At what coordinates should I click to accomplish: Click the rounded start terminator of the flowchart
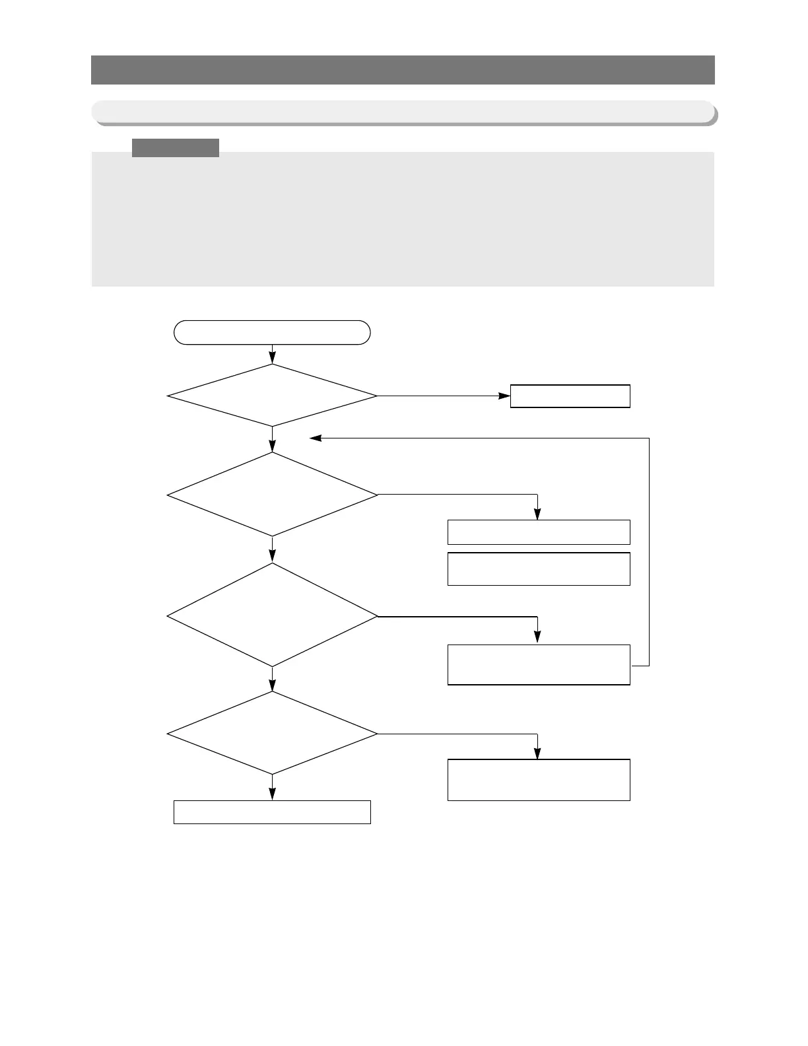[x=272, y=332]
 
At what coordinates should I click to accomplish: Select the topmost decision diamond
[x=272, y=396]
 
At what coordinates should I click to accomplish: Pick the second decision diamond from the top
[x=272, y=494]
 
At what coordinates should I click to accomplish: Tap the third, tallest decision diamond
[x=272, y=615]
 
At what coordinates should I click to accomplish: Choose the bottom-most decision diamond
[x=272, y=733]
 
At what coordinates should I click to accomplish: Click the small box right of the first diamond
[x=570, y=396]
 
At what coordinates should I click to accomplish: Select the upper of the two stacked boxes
[x=539, y=532]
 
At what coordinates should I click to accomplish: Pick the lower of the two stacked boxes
[x=539, y=569]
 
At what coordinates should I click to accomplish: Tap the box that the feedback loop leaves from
[x=539, y=665]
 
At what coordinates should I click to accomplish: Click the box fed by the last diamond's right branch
[x=539, y=780]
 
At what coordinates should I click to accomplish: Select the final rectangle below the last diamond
[x=272, y=812]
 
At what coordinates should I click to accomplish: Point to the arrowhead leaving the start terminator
[x=272, y=359]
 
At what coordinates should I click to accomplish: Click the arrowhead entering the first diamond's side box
[x=504, y=396]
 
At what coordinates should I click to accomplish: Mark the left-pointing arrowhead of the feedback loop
[x=316, y=438]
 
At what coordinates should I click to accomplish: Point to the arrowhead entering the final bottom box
[x=272, y=795]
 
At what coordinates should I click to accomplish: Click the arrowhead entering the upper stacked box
[x=537, y=515]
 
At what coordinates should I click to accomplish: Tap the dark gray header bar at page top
[x=403, y=70]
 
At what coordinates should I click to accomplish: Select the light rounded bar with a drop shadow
[x=403, y=112]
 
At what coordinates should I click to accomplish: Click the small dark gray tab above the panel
[x=176, y=147]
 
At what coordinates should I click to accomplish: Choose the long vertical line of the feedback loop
[x=650, y=551]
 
